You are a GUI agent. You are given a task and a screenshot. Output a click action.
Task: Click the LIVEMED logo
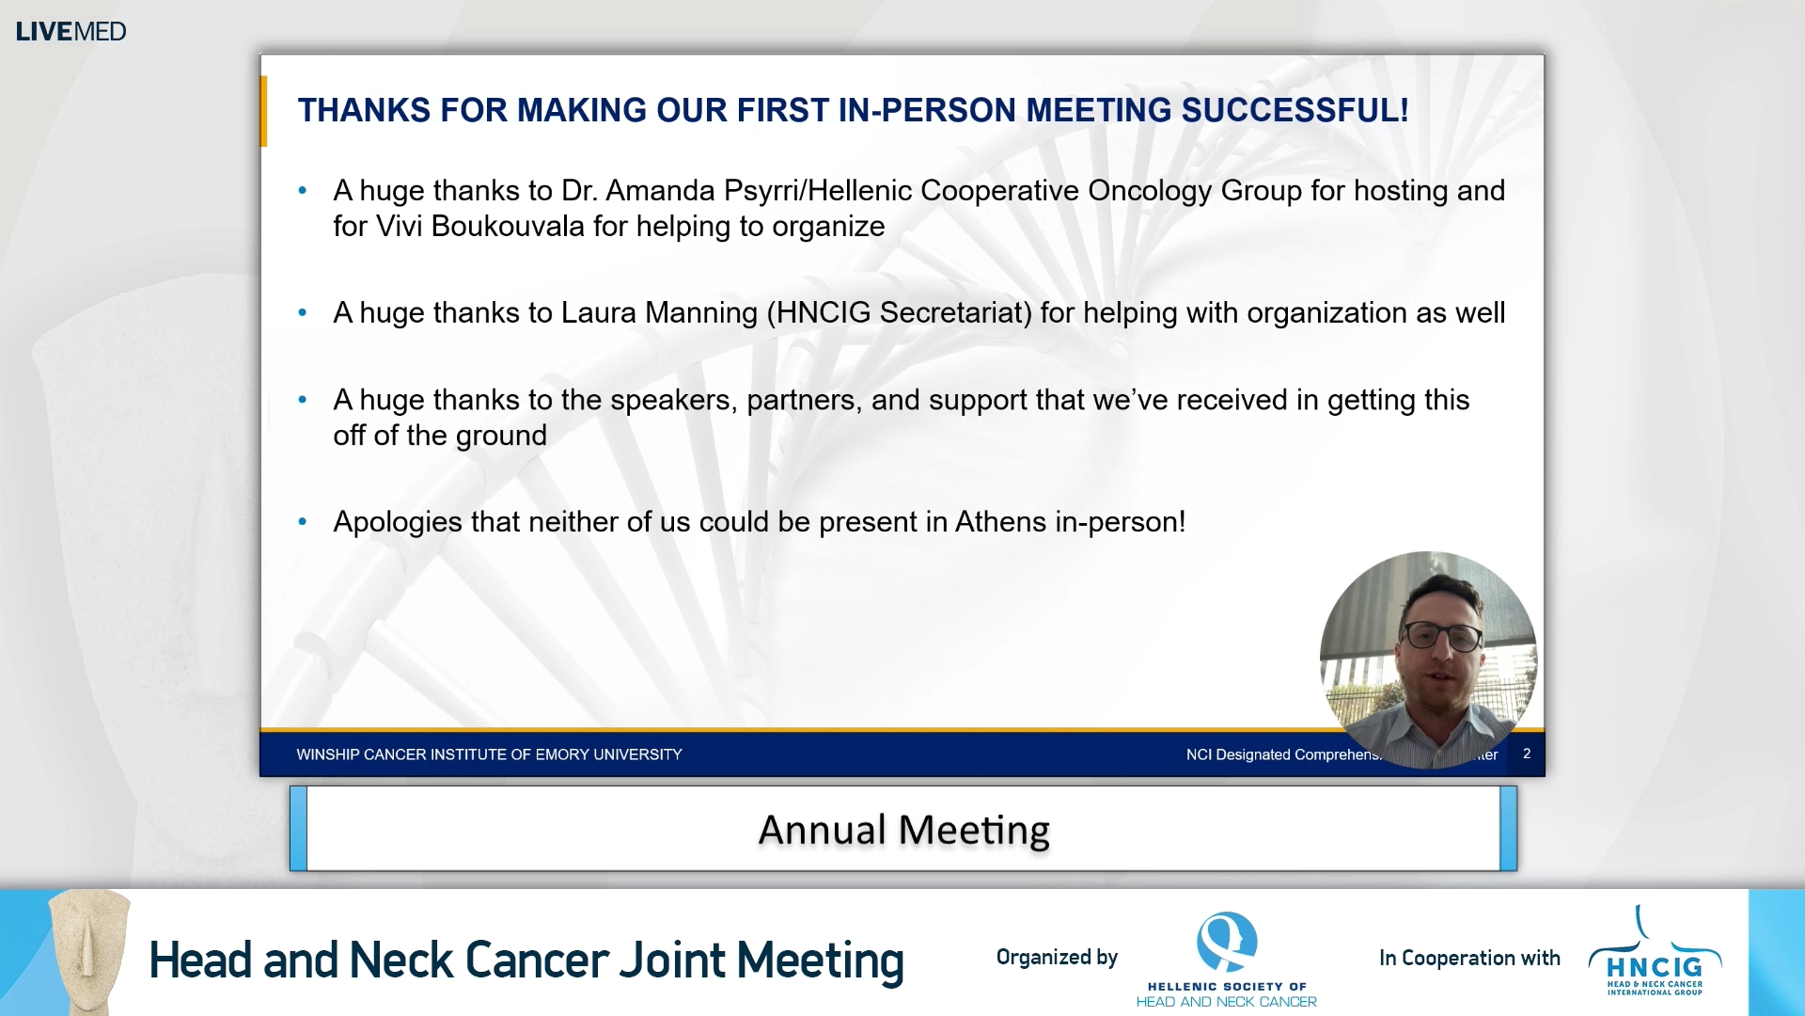pyautogui.click(x=71, y=31)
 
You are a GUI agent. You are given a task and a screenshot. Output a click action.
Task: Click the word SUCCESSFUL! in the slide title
pyautogui.click(x=1295, y=110)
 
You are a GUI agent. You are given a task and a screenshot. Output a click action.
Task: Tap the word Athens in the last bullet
pyautogui.click(x=999, y=522)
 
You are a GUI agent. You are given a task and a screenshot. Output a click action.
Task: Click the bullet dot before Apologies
pyautogui.click(x=303, y=522)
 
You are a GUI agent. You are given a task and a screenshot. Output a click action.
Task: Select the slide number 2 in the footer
pyautogui.click(x=1527, y=754)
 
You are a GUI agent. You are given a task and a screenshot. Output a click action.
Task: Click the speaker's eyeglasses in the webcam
pyautogui.click(x=1442, y=637)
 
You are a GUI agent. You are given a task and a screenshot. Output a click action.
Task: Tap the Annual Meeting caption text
pyautogui.click(x=903, y=830)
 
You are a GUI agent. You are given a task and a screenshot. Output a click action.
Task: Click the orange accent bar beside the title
pyautogui.click(x=264, y=111)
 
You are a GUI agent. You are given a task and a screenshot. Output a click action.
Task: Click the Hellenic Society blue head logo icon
pyautogui.click(x=1226, y=941)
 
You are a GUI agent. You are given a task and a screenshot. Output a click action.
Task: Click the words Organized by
pyautogui.click(x=1057, y=958)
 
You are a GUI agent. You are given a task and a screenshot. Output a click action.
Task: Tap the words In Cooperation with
pyautogui.click(x=1469, y=958)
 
